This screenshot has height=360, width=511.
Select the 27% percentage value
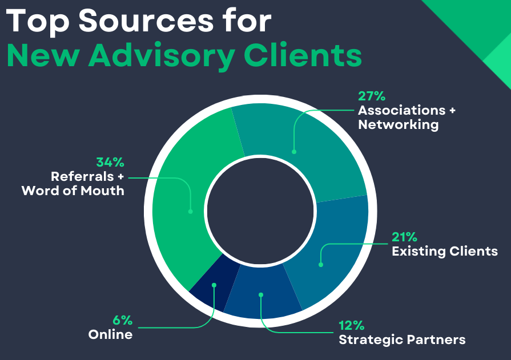click(372, 95)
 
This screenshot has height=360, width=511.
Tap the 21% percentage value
click(405, 237)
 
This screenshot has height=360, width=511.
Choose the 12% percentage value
click(352, 326)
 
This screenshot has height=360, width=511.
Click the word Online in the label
click(110, 334)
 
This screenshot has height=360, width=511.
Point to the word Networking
click(398, 124)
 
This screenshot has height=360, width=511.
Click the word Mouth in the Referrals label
click(103, 190)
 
